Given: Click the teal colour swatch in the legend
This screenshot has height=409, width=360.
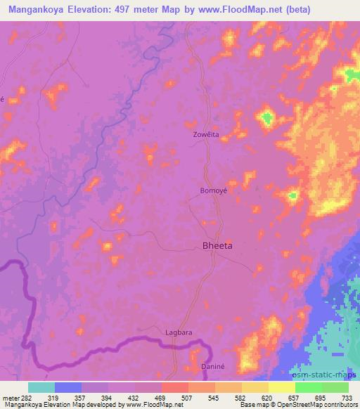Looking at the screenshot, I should (41, 387).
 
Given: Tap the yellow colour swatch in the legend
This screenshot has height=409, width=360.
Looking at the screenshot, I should (281, 387).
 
